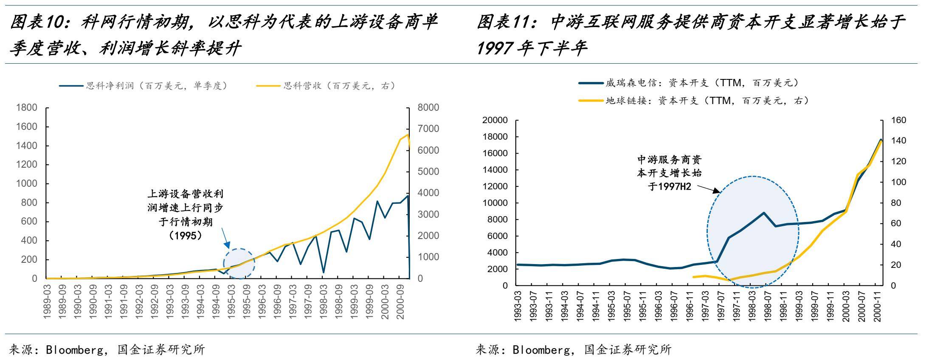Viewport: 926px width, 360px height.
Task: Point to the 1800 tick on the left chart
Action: pos(26,108)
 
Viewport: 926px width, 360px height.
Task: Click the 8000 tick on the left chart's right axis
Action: pos(428,108)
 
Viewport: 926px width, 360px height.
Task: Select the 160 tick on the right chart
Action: pos(898,121)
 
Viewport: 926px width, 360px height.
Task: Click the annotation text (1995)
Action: pos(185,235)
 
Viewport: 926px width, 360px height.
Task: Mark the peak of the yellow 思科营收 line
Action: pos(407,135)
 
